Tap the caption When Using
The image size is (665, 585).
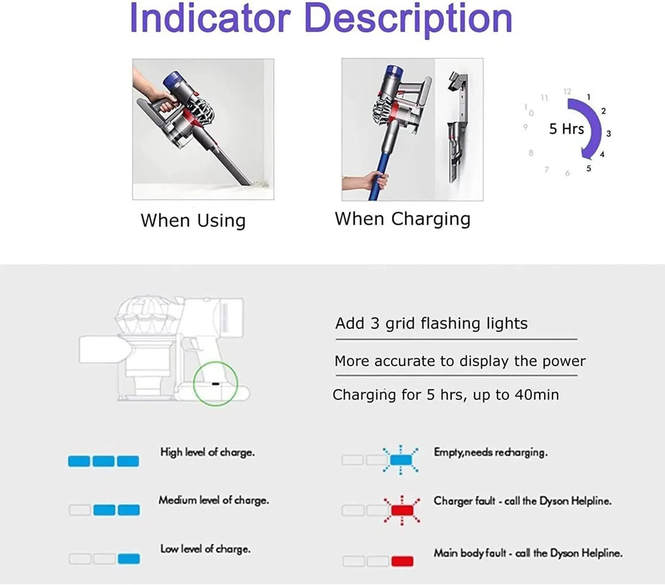pos(193,221)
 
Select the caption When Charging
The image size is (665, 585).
pos(402,219)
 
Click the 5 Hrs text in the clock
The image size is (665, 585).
pos(566,129)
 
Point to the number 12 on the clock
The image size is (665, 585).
pos(567,91)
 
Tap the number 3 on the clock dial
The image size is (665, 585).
pos(608,134)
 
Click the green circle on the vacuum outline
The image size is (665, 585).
pos(216,383)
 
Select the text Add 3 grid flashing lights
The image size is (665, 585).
pos(431,323)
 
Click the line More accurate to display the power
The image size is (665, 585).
pos(459,362)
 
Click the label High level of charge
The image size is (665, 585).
pos(207,452)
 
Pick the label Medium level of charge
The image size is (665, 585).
pos(213,500)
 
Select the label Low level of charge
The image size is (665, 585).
pos(205,549)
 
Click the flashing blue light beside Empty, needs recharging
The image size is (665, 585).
pos(401,460)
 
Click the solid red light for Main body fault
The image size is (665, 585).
pos(402,561)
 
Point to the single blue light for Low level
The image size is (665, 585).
pos(129,558)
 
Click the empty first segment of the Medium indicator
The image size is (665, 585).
pos(80,510)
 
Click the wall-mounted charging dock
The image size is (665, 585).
pos(457,128)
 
